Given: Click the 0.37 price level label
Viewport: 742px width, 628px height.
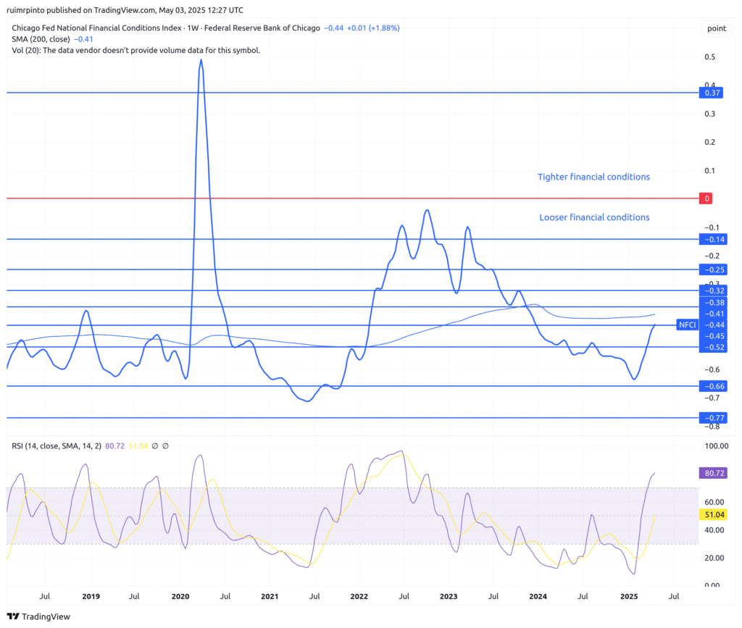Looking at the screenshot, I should pos(712,93).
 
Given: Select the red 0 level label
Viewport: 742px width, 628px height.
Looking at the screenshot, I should pos(707,198).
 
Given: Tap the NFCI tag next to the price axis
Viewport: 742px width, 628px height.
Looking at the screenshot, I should pos(687,325).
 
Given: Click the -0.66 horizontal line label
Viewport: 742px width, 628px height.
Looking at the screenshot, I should pos(713,386).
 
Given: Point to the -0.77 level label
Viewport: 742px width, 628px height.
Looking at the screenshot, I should pos(713,418).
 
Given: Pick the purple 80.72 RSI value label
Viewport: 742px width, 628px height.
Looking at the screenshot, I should pos(712,474).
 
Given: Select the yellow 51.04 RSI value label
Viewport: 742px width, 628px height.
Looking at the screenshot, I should pos(712,515).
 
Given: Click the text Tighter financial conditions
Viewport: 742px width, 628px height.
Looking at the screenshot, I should pos(593,177).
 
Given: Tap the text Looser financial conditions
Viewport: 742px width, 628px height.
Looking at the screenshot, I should pos(594,217).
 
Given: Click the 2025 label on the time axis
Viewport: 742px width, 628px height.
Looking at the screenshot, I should pos(628,597).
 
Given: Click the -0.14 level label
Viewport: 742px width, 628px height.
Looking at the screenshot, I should pos(713,239).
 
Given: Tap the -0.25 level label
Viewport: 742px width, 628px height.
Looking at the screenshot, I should pos(713,269).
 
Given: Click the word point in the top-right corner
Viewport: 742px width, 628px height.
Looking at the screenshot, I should pos(716,28).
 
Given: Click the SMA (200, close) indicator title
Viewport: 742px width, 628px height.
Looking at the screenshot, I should pos(41,39).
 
